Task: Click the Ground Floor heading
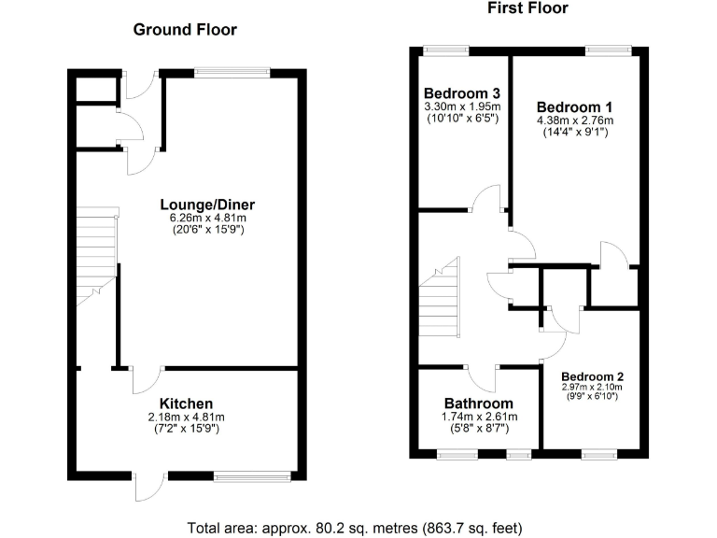[185, 30]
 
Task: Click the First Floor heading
[527, 8]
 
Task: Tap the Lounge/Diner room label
[207, 205]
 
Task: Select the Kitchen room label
[187, 403]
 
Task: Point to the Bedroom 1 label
[574, 106]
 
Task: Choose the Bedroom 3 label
[462, 93]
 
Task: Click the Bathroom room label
[479, 403]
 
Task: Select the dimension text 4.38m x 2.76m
[574, 120]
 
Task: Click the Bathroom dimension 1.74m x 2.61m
[479, 417]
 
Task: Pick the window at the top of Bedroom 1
[608, 50]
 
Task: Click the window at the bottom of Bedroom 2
[595, 454]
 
